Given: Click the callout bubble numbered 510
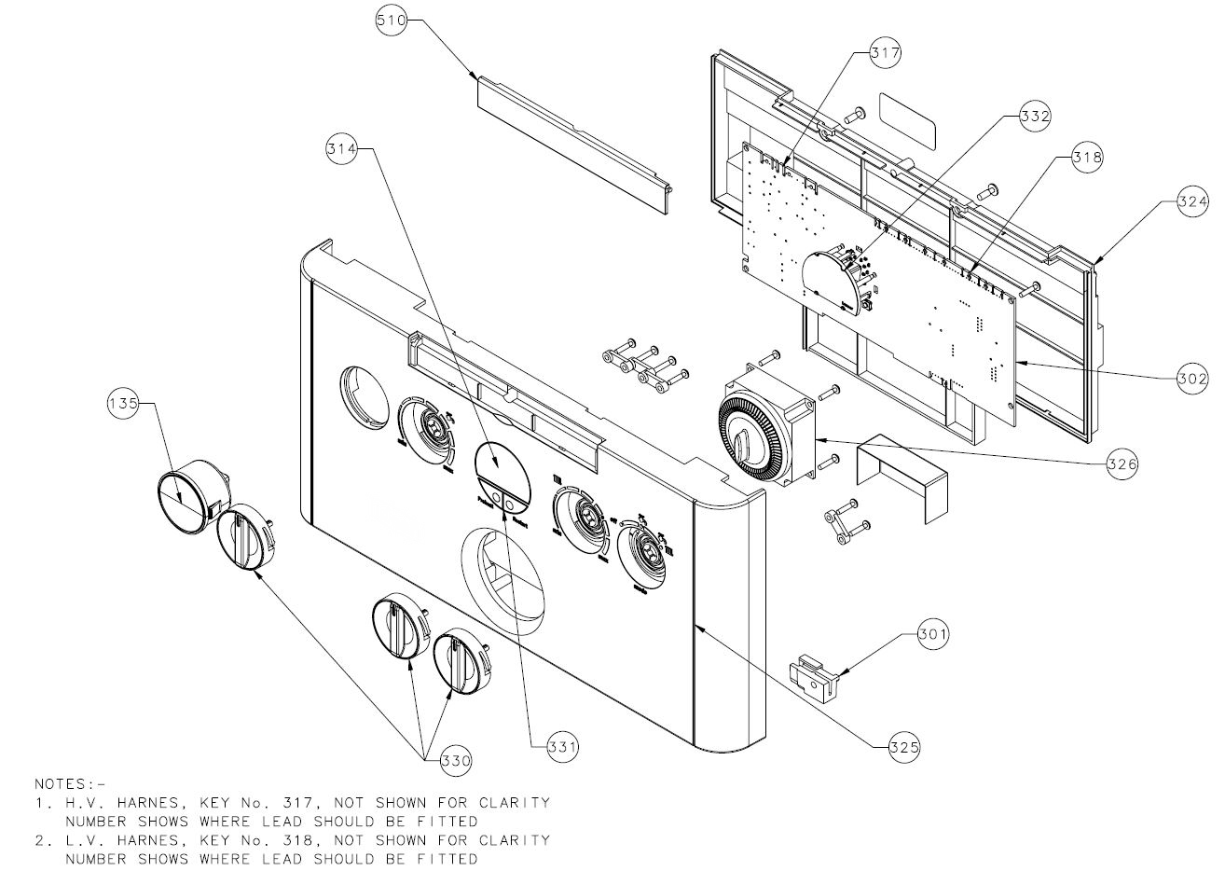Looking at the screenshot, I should (x=392, y=21).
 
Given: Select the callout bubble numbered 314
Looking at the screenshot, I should (x=341, y=148).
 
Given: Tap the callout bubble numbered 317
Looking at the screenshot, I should (x=885, y=53).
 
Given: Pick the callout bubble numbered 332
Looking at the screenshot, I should (x=1034, y=116).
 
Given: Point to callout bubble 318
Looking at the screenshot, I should (x=1085, y=158).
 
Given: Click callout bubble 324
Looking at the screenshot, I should (x=1192, y=200).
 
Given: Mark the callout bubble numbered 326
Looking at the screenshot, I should (x=1122, y=462).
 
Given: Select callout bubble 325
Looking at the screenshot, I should (x=904, y=746).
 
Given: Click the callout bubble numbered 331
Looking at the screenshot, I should (x=562, y=746).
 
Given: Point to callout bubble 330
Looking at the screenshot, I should (x=456, y=760).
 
